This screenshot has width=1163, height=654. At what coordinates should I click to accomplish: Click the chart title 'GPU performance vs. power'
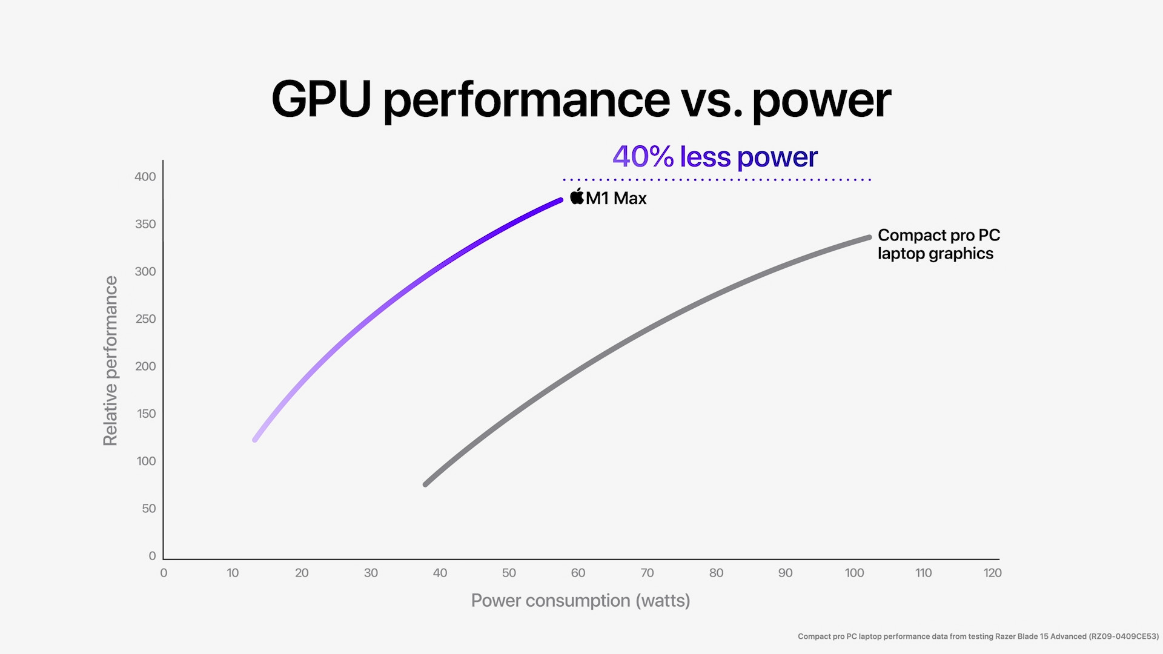click(581, 99)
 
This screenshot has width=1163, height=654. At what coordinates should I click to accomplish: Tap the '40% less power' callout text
click(715, 157)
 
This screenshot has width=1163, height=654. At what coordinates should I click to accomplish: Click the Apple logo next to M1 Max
click(577, 197)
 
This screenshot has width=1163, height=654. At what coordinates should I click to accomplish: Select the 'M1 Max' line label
click(616, 199)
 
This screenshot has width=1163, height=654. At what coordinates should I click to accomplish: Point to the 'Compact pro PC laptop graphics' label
click(938, 244)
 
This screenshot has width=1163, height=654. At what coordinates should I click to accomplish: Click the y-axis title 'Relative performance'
click(110, 361)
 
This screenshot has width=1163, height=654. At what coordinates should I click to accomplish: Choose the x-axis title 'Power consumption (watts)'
click(580, 601)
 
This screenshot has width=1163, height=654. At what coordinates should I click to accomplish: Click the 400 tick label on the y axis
click(145, 177)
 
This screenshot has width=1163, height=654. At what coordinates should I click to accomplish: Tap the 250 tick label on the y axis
click(145, 319)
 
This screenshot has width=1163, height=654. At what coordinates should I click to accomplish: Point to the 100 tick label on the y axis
click(146, 461)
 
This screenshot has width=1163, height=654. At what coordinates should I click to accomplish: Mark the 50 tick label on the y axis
click(149, 509)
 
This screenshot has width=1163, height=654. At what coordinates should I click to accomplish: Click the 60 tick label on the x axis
click(578, 573)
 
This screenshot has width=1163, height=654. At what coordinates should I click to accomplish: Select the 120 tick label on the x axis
click(992, 573)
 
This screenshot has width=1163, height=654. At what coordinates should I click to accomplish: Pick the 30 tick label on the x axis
click(371, 573)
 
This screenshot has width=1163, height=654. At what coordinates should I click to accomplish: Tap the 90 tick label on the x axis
click(785, 573)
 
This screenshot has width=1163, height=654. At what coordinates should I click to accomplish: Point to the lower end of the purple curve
click(256, 439)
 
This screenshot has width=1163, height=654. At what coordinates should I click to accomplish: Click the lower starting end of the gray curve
click(426, 484)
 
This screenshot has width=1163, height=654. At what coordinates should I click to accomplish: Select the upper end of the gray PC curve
click(869, 237)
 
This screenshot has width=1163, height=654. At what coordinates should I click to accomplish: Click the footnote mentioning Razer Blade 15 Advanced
click(978, 636)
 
